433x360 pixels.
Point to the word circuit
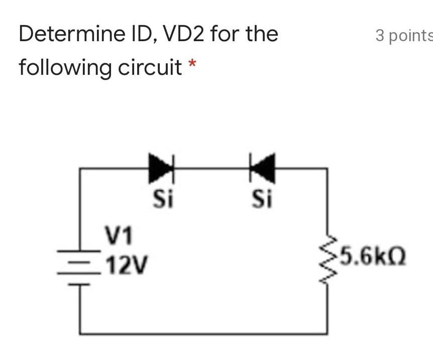pyautogui.click(x=149, y=67)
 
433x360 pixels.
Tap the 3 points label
pyautogui.click(x=403, y=35)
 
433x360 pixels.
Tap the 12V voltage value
pyautogui.click(x=127, y=262)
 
